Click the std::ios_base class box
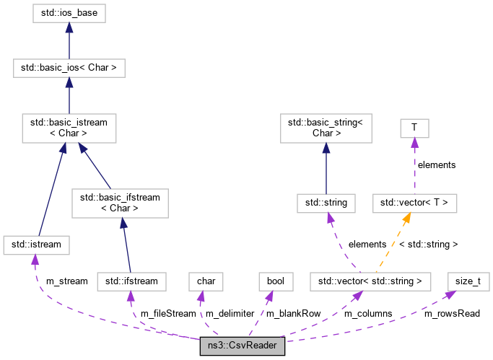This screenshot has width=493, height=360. [69, 12]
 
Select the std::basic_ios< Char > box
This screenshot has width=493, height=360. [69, 69]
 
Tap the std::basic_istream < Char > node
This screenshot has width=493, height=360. [69, 128]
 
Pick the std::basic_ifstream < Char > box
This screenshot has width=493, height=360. [120, 203]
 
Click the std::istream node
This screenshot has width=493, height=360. [36, 245]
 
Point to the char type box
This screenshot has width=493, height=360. [201, 280]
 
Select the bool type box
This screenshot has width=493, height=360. [276, 280]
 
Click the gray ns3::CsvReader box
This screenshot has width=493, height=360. [243, 346]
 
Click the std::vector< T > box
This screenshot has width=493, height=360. [414, 203]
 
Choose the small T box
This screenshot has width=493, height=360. [414, 128]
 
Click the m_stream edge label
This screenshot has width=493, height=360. [66, 281]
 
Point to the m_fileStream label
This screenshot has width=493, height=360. [167, 313]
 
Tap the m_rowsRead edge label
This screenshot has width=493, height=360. [451, 313]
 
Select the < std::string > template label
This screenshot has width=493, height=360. [428, 245]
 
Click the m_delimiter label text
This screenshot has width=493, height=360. [230, 313]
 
